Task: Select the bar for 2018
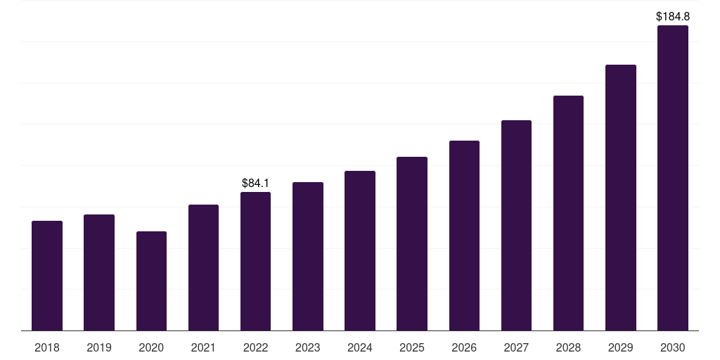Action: coord(47,276)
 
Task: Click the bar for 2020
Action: coord(152,281)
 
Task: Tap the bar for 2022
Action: coord(255,262)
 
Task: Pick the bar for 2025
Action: coord(412,244)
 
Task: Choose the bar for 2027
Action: coord(516,226)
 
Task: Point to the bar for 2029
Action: coord(621,198)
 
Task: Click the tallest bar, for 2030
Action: coord(673,178)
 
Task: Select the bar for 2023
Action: coord(308,256)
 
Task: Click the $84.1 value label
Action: coord(255,184)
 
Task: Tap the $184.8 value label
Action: coord(673,17)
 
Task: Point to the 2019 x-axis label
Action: coord(99,347)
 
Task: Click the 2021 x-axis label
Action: coord(203,347)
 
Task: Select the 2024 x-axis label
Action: coord(360,347)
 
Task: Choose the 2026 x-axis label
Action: coord(464,347)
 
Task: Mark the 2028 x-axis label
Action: coord(568,347)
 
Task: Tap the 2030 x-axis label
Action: coord(673,347)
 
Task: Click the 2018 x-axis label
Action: coord(47,347)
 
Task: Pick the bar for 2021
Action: coord(203,268)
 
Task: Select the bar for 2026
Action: coord(464,236)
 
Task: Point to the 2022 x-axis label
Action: coord(255,347)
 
